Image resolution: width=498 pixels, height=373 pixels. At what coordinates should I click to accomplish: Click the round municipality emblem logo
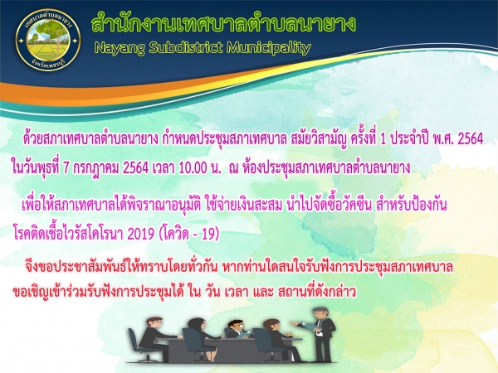48,40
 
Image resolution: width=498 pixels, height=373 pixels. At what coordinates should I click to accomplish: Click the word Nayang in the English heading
120,48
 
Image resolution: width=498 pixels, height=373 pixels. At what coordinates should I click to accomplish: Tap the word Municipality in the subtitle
268,48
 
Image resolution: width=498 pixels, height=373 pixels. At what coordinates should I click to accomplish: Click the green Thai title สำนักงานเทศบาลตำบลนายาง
223,24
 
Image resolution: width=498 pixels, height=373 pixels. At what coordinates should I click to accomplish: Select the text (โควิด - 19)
188,235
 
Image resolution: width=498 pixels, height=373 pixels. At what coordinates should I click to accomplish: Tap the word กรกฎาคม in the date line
96,168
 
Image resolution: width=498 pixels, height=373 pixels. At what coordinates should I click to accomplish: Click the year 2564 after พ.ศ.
471,138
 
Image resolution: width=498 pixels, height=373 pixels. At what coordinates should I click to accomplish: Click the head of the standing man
320,313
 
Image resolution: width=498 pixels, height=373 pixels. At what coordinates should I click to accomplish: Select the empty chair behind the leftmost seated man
138,345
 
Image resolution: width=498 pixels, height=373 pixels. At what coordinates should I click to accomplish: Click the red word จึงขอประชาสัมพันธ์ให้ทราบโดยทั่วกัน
121,267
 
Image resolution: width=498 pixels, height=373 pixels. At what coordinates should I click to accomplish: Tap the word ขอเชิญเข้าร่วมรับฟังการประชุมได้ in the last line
98,291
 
